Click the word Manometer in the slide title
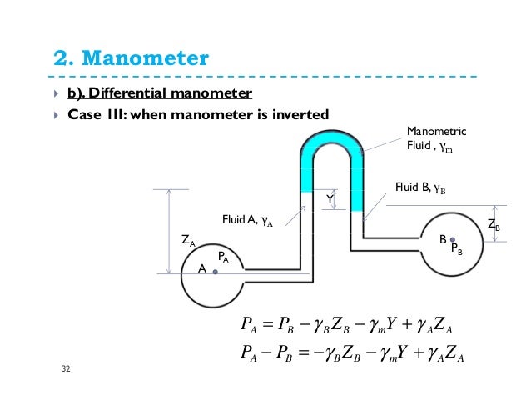[146, 60]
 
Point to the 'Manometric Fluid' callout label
[436, 140]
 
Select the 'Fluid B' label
[420, 188]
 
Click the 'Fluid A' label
[247, 221]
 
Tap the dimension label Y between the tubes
[330, 200]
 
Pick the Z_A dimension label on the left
[189, 241]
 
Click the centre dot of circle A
[215, 272]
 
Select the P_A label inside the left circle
[224, 258]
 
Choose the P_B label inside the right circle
[457, 249]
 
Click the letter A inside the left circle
[202, 270]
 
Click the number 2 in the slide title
[60, 60]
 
